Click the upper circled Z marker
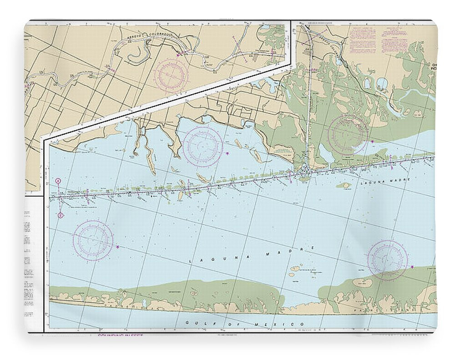pyautogui.click(x=58, y=181)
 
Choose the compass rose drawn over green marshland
pyautogui.click(x=348, y=135)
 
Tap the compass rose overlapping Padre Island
pyautogui.click(x=387, y=260)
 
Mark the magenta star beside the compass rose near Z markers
pyautogui.click(x=118, y=247)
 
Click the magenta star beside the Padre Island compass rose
pyautogui.click(x=412, y=267)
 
